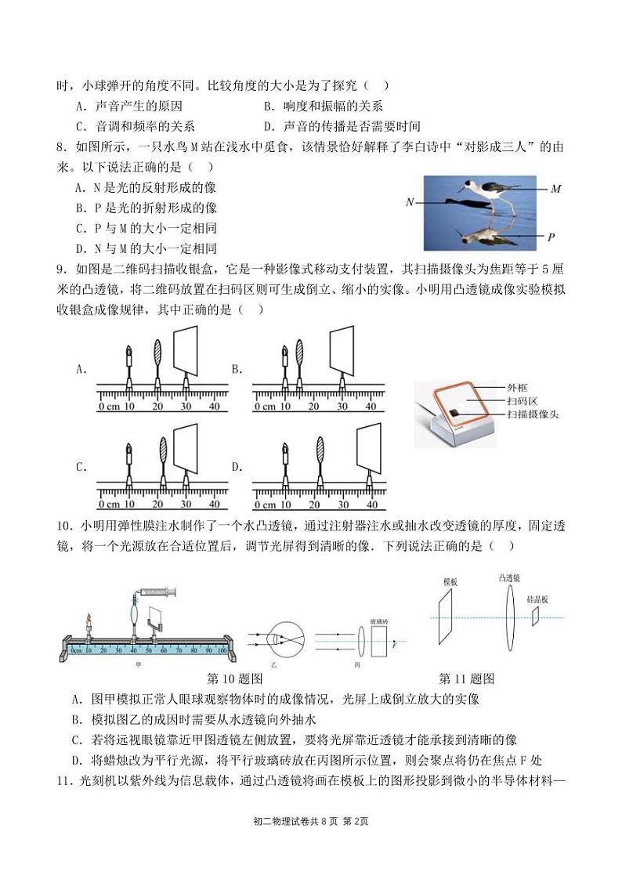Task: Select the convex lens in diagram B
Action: pyautogui.click(x=298, y=357)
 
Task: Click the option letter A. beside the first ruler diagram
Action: pyautogui.click(x=81, y=369)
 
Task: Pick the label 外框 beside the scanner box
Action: pyautogui.click(x=518, y=387)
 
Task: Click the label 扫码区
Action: pyautogui.click(x=521, y=400)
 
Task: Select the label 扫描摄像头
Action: pyautogui.click(x=532, y=414)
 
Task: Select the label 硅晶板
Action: pyautogui.click(x=537, y=599)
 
